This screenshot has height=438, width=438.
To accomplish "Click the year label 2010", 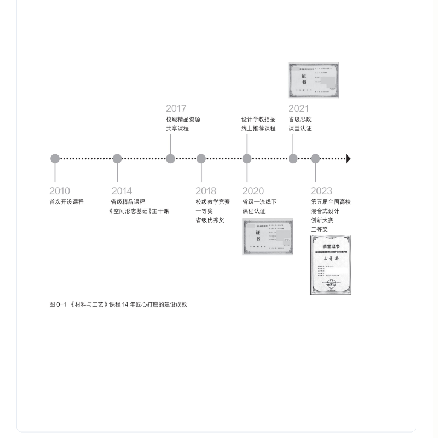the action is click(60, 191).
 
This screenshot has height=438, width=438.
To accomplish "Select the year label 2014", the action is click(122, 191).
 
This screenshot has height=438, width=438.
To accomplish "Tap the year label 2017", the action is click(176, 108).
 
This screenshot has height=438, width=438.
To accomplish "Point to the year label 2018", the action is click(206, 191).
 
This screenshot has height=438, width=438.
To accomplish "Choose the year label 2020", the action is click(253, 191).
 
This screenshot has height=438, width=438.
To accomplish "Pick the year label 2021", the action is click(298, 108).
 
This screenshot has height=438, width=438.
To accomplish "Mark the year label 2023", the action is click(321, 191).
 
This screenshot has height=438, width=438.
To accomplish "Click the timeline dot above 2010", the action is click(55, 159).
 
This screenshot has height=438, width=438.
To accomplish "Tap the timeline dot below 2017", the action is click(170, 159).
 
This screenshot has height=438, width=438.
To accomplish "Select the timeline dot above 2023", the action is click(315, 159).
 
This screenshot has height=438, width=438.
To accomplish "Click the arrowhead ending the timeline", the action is click(348, 159).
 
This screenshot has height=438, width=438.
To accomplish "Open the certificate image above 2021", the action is click(314, 80).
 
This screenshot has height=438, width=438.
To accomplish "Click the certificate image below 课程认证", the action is click(268, 237).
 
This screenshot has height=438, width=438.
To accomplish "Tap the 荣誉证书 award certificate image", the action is click(330, 265).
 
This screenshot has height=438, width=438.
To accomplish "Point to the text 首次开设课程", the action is click(66, 202).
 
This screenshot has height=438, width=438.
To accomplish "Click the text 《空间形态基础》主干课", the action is click(139, 211).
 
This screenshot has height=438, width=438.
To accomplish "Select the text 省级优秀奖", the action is click(210, 221).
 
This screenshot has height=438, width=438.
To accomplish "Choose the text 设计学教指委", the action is click(258, 119).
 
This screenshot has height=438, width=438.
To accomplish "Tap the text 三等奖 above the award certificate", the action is click(319, 230).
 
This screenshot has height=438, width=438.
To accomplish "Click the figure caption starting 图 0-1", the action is click(118, 304).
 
